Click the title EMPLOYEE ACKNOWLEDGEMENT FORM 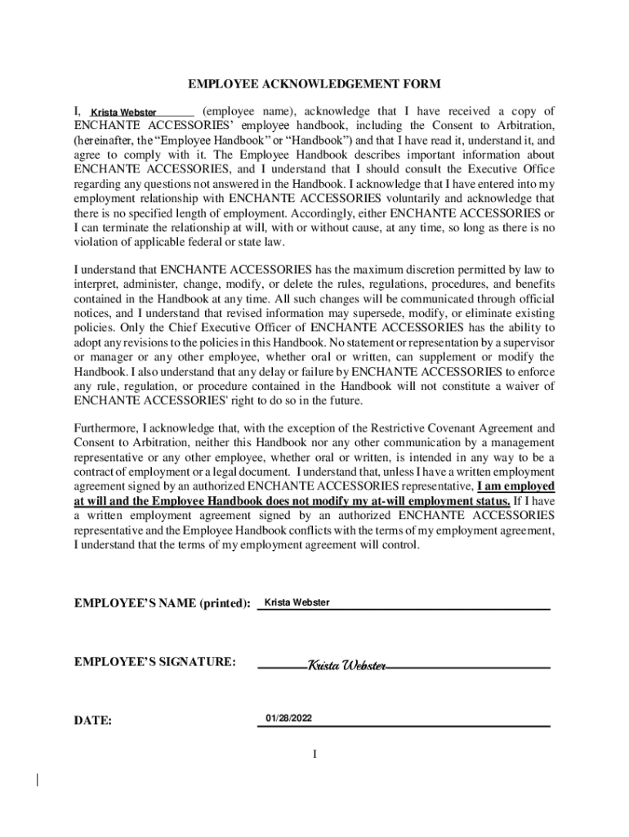point(314,84)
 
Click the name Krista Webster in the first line point(123,112)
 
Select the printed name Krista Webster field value point(297,602)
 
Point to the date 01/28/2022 point(288,718)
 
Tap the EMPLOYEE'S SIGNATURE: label point(155,660)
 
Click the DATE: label point(93,721)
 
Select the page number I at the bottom point(314,754)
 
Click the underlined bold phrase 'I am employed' point(515,486)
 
